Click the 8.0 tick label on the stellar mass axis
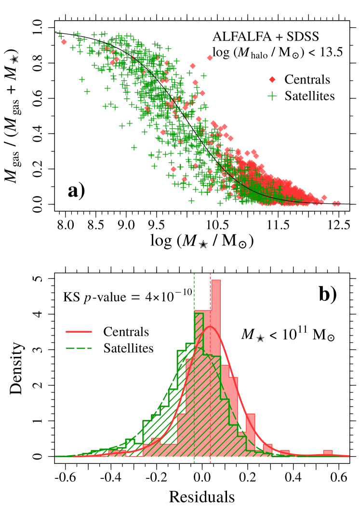click(x=66, y=225)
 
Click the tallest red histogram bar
click(x=216, y=366)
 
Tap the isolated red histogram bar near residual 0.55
click(x=328, y=453)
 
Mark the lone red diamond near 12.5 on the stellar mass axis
click(x=337, y=203)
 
